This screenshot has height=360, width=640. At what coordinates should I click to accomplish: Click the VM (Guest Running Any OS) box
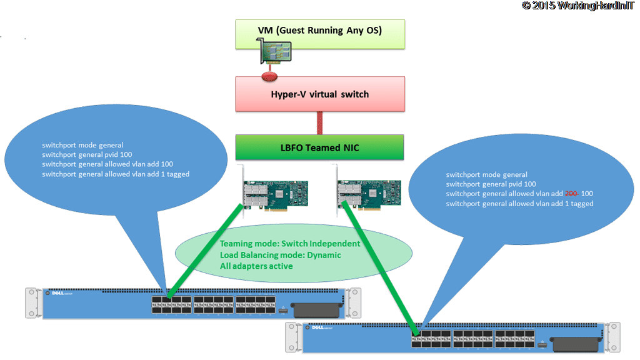(x=319, y=31)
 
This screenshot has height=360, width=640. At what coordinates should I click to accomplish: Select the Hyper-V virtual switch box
(x=319, y=94)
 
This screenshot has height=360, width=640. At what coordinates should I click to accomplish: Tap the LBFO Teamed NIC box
(x=319, y=148)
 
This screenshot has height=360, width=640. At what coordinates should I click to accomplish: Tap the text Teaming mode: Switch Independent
(x=289, y=244)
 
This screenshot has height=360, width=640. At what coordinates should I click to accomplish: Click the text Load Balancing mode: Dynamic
(x=280, y=255)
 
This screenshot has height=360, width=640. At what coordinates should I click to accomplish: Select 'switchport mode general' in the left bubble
(x=82, y=145)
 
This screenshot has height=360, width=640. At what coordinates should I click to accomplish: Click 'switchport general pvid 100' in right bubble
(x=491, y=184)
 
